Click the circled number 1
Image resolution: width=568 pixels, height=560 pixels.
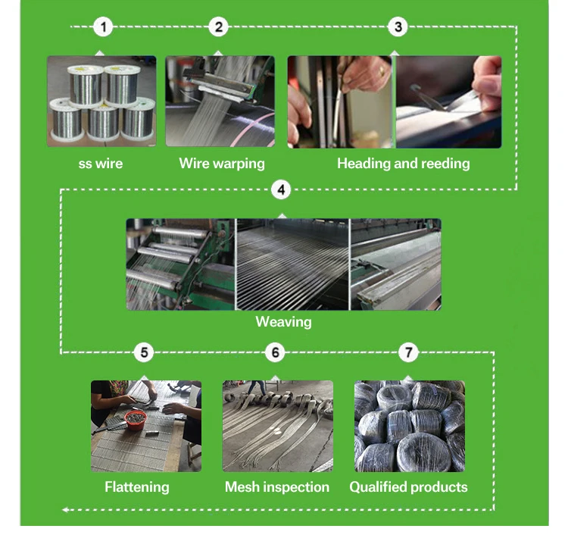click(103, 27)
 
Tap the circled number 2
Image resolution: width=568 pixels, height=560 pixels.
click(218, 27)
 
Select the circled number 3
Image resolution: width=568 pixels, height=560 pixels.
click(398, 27)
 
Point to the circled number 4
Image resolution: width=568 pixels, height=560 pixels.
click(281, 189)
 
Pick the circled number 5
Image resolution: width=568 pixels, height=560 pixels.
click(144, 352)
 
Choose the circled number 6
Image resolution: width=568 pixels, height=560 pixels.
click(275, 352)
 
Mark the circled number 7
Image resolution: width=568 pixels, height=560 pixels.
click(408, 352)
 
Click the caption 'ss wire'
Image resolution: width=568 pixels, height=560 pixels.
click(101, 164)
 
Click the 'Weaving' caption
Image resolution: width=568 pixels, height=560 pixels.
click(284, 322)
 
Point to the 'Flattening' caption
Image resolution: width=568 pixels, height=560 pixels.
click(137, 486)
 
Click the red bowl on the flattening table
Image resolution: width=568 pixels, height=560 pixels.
click(136, 421)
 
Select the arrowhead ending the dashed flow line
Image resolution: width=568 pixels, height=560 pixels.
click(65, 510)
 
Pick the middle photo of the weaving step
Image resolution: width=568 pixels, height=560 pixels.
click(292, 264)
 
